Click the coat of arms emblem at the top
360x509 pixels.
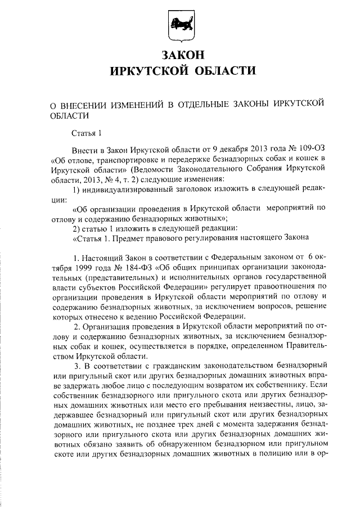coord(181,26)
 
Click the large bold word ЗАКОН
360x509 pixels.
coord(181,55)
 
